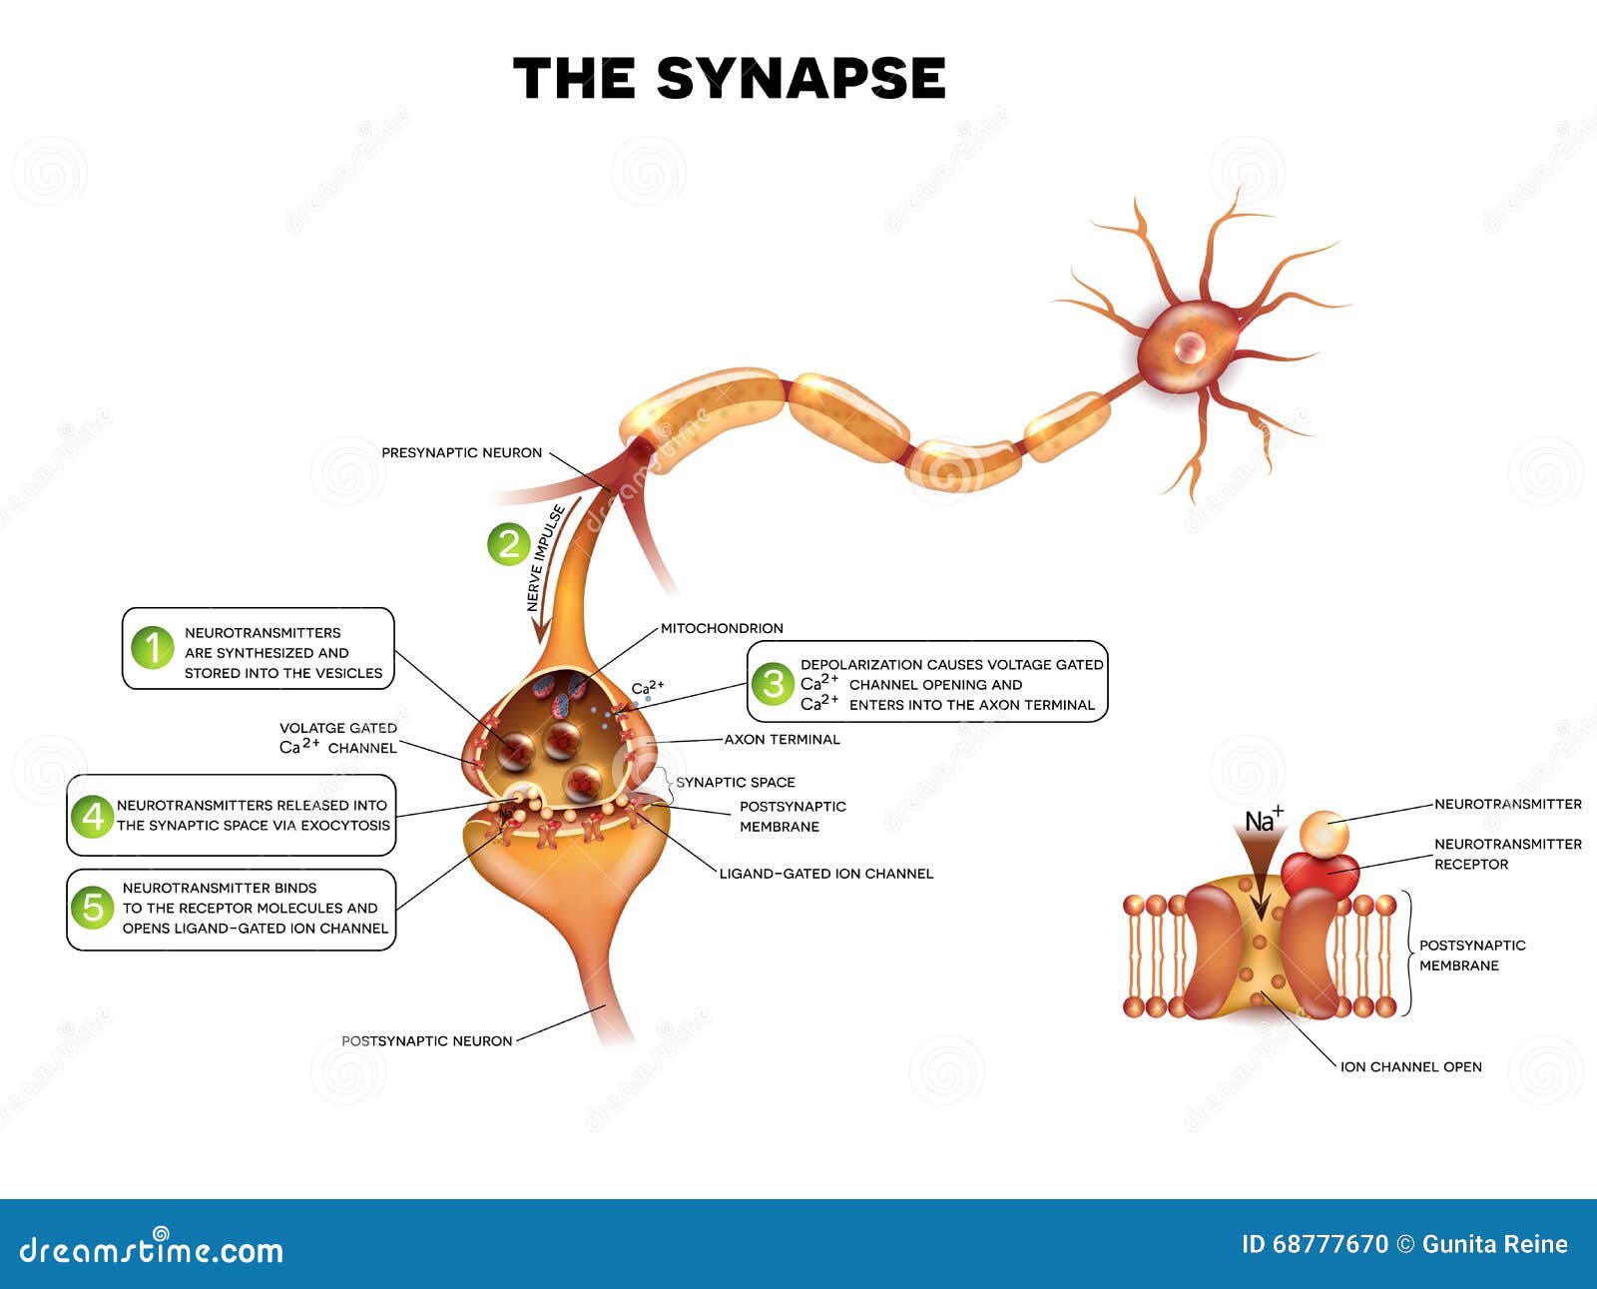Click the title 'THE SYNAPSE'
coord(729,79)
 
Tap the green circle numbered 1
coord(153,648)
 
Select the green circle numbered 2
coord(509,544)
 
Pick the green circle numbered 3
coord(773,684)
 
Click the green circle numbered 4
coord(93,816)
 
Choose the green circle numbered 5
coord(93,908)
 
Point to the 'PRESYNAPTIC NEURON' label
coord(461,453)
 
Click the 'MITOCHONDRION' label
coord(722,628)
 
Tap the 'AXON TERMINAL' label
coord(782,740)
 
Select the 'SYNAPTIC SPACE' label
coord(736,782)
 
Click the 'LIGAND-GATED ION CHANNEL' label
coord(826,874)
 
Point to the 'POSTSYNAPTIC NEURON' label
coord(426,1040)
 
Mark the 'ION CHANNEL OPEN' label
coord(1410,1067)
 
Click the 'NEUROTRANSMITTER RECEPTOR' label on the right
coord(1507,854)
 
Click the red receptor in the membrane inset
coord(1320,871)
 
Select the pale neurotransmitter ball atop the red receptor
coord(1325,832)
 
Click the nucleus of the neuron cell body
coord(1189,346)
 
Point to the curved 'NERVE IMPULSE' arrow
coord(548,569)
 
